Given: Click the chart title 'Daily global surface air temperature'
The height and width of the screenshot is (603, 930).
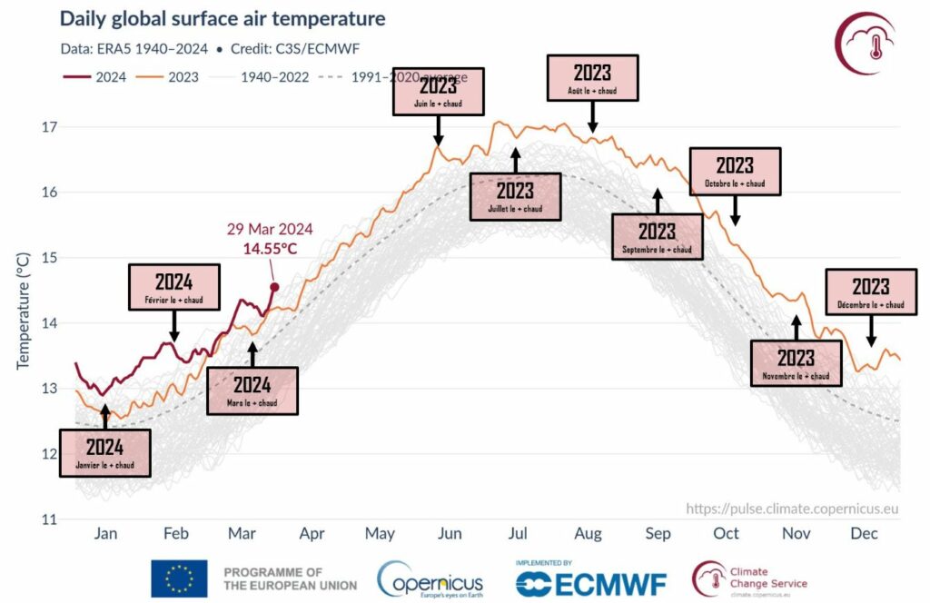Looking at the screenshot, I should (x=223, y=19).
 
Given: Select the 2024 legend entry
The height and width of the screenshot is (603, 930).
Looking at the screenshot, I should (x=92, y=77).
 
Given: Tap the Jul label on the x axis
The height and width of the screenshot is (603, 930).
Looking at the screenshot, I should (x=518, y=534).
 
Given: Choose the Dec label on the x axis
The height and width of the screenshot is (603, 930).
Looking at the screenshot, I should (x=865, y=534).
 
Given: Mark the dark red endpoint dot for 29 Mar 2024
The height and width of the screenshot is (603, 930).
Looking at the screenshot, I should (x=274, y=287).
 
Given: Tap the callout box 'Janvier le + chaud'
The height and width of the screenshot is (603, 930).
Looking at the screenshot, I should (x=104, y=452).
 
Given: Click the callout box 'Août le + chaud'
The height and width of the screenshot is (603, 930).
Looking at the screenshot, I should (x=591, y=77).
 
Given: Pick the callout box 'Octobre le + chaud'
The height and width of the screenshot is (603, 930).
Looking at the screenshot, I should (x=735, y=172).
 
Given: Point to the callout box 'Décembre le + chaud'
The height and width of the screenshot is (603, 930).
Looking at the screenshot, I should (x=870, y=292).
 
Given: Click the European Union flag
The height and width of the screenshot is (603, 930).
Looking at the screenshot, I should (x=179, y=578).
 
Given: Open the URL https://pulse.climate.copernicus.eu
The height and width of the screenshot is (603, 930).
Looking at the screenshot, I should (x=791, y=509).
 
